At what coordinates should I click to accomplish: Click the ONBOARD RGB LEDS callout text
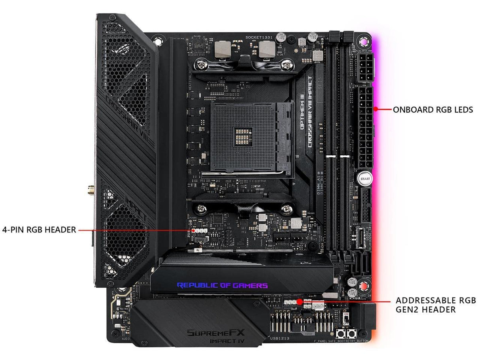coord(433,110)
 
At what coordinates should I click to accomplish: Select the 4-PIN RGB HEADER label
coord(39,229)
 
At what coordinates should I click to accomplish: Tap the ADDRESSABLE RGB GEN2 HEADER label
coord(436,305)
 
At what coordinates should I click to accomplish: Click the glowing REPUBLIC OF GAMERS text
coord(222,285)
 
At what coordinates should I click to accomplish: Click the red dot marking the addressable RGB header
coord(299,302)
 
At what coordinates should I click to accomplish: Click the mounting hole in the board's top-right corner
coord(363,41)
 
